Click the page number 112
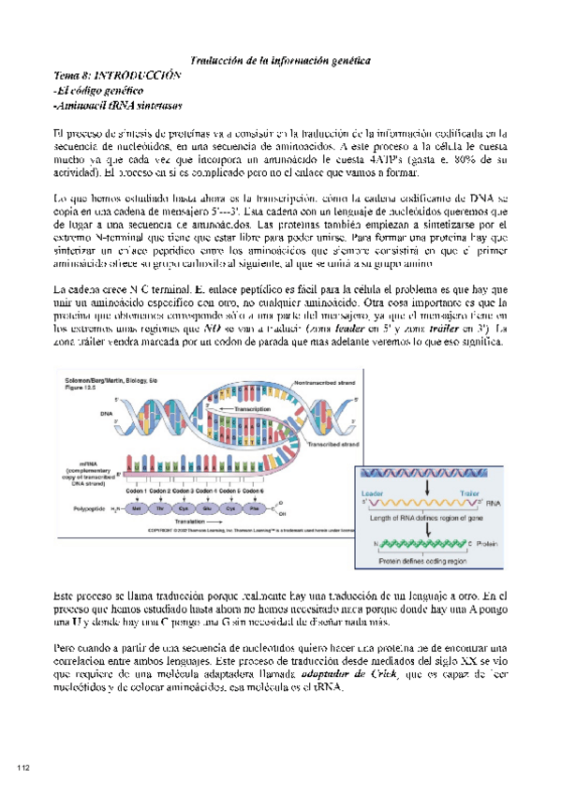[23, 768]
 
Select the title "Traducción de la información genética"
[280, 59]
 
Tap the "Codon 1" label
[137, 491]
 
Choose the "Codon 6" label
[252, 491]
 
